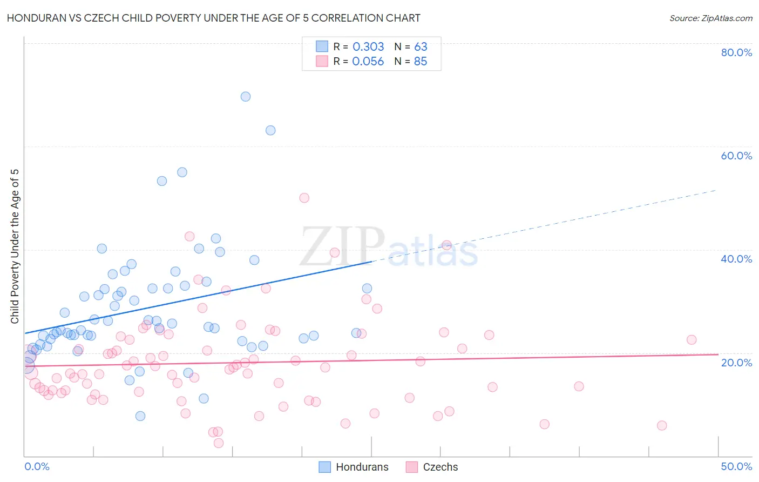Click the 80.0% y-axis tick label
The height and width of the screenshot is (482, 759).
point(736,52)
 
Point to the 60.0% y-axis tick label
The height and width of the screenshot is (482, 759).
point(736,156)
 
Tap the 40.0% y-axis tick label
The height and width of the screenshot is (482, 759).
point(736,259)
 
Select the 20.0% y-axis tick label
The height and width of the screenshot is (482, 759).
point(736,362)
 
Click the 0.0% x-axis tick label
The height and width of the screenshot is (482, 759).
point(37,466)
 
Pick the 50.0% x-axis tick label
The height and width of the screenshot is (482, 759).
point(736,466)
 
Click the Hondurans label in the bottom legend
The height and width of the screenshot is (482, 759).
point(362,467)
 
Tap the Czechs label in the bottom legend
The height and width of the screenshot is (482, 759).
point(440,467)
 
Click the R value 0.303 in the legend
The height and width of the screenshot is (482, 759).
point(368,47)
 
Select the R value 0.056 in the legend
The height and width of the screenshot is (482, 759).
point(368,62)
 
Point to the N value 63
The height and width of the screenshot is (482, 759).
point(421,47)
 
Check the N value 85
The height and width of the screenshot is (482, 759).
point(421,62)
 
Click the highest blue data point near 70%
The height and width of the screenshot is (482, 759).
point(246,97)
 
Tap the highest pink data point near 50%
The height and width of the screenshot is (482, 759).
point(304,198)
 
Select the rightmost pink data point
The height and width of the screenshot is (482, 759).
point(692,340)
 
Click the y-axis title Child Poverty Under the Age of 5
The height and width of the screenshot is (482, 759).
point(15,246)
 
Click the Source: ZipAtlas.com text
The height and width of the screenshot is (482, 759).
point(710,18)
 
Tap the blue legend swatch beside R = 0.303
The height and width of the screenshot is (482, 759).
point(322,46)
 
